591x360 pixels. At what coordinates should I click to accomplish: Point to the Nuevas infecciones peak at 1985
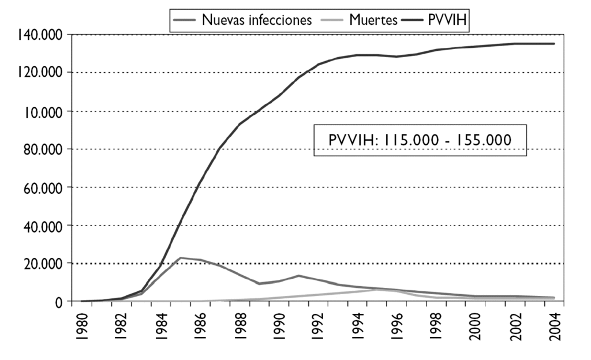180,258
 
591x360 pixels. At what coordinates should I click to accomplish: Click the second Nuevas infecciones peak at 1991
298,276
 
